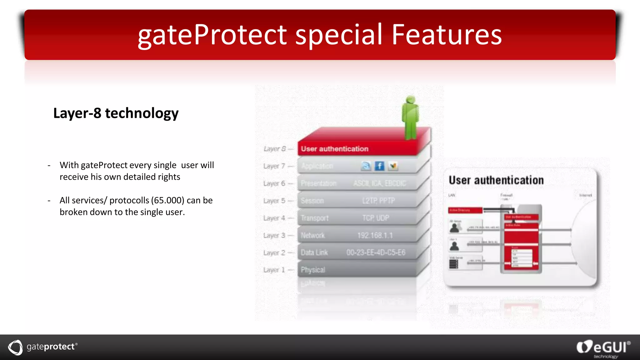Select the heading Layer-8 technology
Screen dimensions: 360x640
116,113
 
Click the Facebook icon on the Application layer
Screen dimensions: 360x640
379,166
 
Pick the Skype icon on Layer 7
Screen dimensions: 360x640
366,166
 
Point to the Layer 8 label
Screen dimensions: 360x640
274,149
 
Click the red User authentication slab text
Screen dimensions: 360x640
334,149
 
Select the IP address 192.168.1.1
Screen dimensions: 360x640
375,235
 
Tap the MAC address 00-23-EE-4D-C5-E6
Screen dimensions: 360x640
376,252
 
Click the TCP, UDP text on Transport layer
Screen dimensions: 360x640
376,218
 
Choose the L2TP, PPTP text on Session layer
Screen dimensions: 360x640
378,201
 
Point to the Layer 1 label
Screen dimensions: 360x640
274,270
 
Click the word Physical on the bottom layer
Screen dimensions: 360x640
313,270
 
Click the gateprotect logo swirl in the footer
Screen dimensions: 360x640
15,347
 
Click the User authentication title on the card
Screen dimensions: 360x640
496,180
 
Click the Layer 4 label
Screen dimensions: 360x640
274,218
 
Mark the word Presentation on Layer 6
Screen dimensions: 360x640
318,183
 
